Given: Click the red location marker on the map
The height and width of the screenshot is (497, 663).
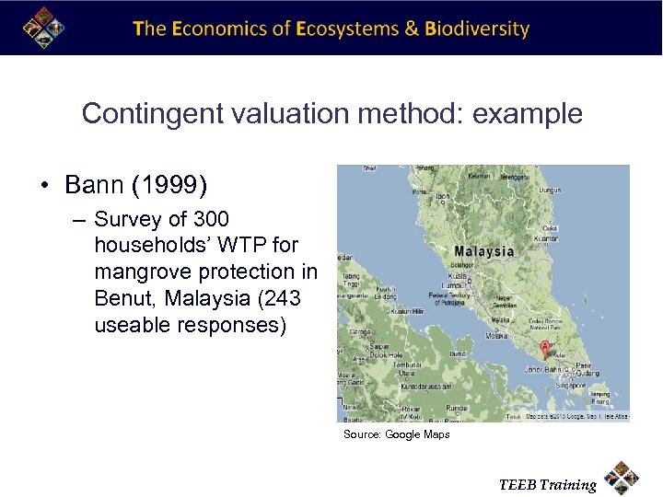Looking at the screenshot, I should [x=544, y=349].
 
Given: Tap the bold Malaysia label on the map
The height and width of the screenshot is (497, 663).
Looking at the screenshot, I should [x=483, y=251].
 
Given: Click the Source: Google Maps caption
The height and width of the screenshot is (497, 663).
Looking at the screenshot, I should [x=396, y=434].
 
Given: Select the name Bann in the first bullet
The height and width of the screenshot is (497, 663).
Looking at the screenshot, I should [x=97, y=186].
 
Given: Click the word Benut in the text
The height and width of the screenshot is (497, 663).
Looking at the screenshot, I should [x=123, y=299].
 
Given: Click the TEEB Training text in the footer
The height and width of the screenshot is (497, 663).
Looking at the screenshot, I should [x=547, y=485].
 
